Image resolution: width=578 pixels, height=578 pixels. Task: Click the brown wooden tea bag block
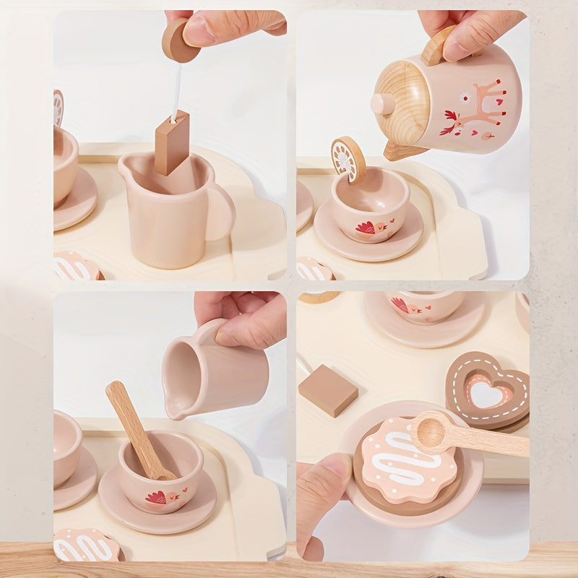point(172,142)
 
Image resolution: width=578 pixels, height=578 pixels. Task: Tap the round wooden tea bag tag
point(178,40)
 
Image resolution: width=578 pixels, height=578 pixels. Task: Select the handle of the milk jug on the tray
point(220,212)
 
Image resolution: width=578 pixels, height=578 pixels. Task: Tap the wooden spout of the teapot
point(402,151)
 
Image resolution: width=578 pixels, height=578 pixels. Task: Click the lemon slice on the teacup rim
point(348,158)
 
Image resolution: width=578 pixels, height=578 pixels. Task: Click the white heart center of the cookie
point(485,394)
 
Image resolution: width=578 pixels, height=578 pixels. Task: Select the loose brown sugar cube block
point(328,389)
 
